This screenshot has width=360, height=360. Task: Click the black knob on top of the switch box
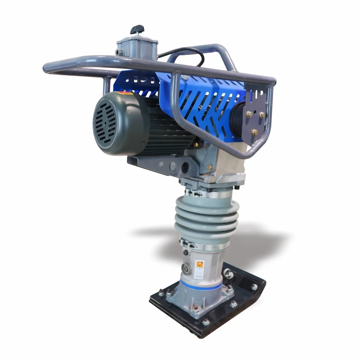coord(137,30)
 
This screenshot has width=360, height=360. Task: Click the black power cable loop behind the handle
coord(189,53)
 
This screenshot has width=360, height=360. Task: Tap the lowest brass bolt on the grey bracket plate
coord(254,132)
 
